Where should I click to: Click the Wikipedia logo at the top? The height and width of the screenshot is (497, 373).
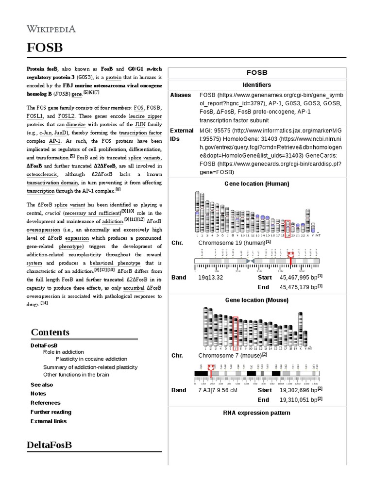(51, 29)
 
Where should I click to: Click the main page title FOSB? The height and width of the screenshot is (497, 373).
(44, 48)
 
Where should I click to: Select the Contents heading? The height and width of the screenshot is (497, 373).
(50, 332)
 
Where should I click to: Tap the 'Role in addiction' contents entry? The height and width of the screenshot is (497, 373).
(63, 352)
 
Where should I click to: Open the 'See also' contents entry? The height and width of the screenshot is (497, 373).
(42, 384)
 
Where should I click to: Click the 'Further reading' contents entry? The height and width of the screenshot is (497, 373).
(51, 412)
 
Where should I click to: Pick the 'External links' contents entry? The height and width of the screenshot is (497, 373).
(49, 421)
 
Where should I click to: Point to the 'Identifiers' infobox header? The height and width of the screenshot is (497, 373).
(256, 85)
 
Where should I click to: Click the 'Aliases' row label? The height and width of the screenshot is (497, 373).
(181, 95)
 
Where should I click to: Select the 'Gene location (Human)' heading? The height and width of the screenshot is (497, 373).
(256, 183)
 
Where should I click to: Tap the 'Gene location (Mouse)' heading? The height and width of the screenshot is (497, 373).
(256, 300)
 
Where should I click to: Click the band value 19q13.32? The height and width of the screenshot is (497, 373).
(211, 278)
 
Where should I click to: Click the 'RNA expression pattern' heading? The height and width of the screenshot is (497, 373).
(256, 413)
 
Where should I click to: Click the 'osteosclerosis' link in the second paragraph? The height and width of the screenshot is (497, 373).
(42, 175)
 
